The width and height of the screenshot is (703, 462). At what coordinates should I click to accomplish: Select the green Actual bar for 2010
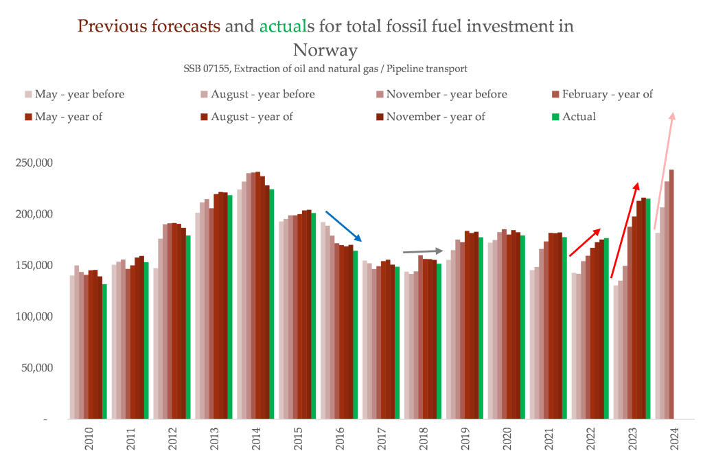[104, 351]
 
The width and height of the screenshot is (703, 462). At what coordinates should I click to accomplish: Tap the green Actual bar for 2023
[648, 308]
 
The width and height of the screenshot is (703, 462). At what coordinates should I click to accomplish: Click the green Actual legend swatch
[555, 117]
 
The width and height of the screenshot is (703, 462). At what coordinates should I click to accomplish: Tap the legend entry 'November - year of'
[435, 117]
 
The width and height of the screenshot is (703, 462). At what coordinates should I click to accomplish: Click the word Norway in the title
[325, 50]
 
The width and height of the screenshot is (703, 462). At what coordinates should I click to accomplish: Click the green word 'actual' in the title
[283, 26]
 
